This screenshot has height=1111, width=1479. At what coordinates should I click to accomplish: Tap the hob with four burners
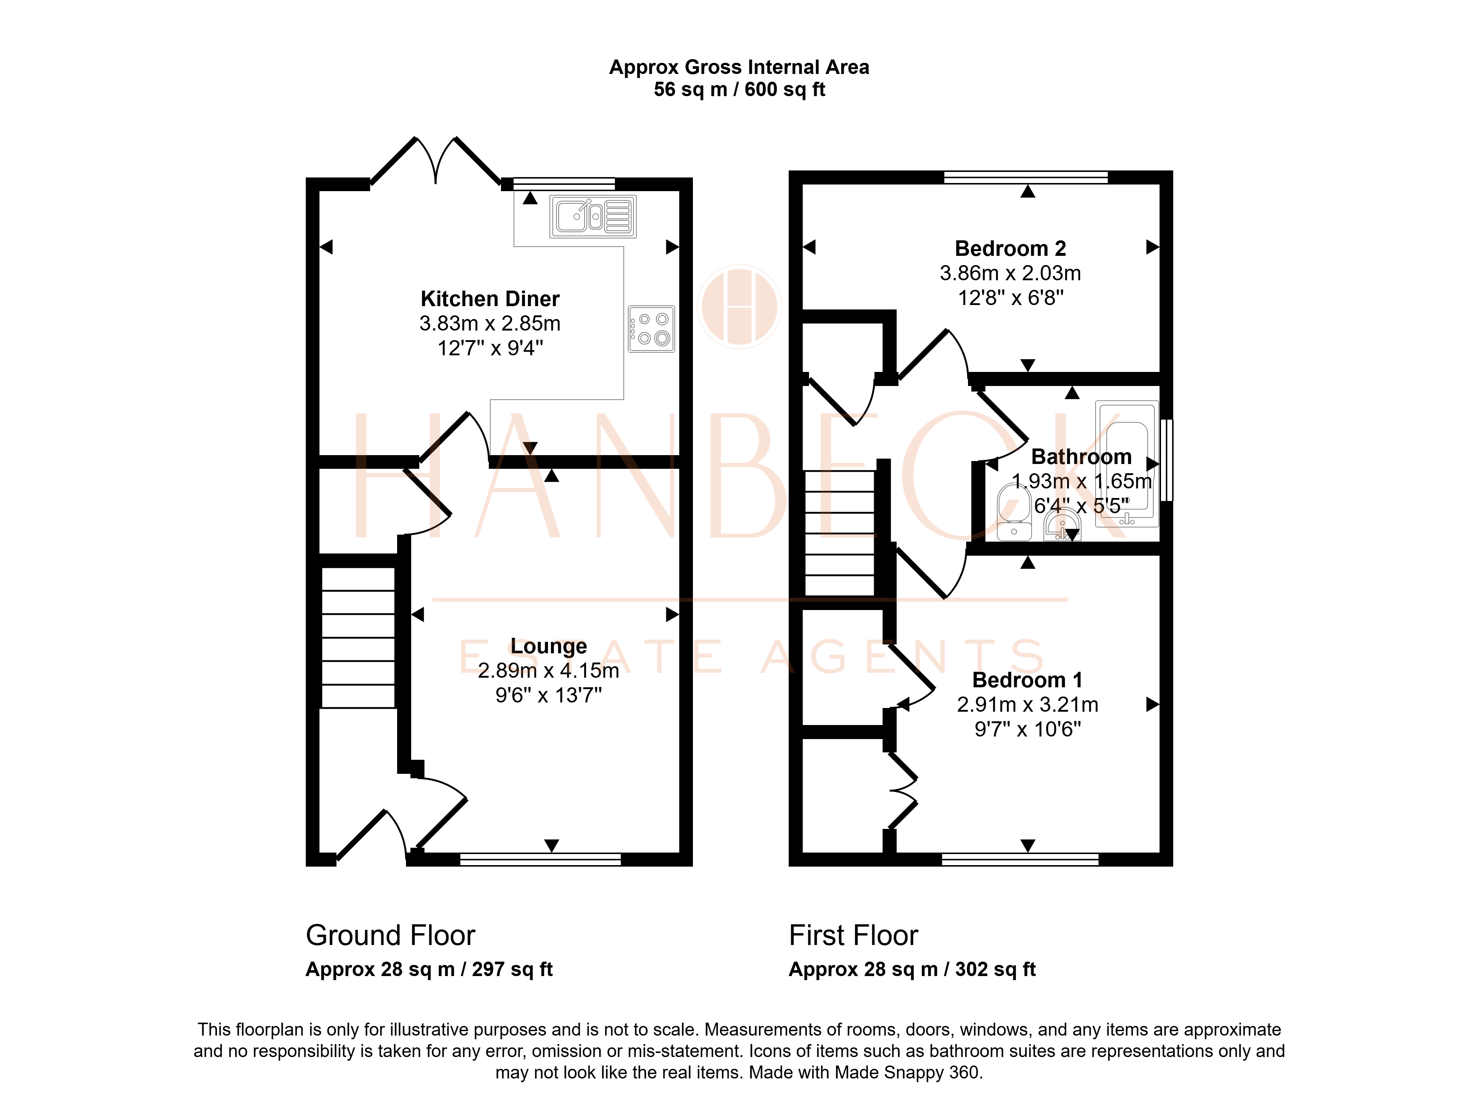[x=651, y=329]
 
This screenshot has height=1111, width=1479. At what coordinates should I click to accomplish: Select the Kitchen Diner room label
[x=490, y=299]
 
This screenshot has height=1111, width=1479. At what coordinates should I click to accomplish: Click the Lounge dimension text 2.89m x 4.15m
[x=548, y=670]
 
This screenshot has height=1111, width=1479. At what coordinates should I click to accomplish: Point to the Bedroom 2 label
[x=1010, y=249]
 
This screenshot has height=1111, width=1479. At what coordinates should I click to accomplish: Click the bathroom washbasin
[x=1062, y=524]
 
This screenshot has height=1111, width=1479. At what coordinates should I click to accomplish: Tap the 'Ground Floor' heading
[x=390, y=935]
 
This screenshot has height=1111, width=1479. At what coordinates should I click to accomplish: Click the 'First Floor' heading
[x=853, y=935]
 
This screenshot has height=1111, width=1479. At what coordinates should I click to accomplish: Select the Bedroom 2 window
[x=1026, y=177]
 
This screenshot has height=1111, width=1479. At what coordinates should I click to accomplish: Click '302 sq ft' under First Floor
[x=996, y=969]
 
